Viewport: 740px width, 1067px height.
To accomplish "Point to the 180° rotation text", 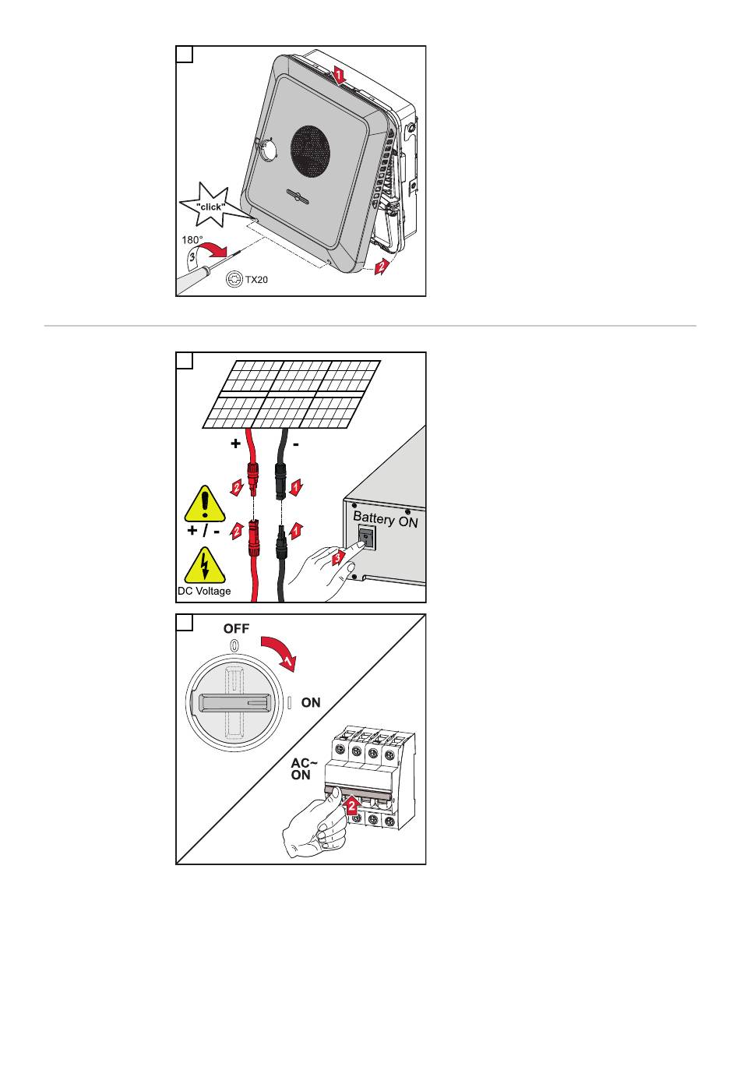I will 192,240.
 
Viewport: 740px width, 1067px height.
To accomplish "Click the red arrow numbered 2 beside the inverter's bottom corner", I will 379,267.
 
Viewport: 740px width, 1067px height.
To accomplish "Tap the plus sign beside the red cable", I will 235,443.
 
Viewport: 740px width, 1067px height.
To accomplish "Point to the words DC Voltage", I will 204,591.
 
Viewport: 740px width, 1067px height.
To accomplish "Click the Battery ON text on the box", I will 386,519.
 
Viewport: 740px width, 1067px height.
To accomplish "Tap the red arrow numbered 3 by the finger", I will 337,559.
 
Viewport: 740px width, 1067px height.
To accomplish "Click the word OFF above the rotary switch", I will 236,628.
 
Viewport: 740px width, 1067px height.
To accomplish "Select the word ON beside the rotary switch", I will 311,702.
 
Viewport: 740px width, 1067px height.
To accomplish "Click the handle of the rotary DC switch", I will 234,702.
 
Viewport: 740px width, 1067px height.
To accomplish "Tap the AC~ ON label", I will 302,768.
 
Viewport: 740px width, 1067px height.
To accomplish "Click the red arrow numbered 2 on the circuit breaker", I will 352,804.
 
